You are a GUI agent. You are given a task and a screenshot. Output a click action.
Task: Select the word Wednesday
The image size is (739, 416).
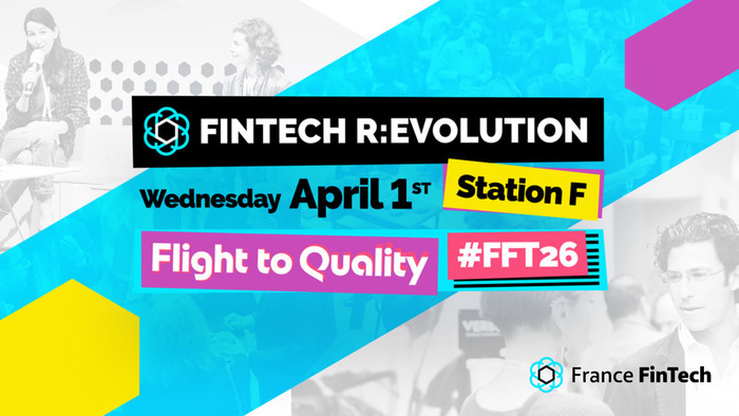[210, 199]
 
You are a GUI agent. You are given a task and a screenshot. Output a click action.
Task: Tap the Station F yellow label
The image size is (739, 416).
[521, 190]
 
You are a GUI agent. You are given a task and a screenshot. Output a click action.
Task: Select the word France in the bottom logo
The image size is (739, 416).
[602, 376]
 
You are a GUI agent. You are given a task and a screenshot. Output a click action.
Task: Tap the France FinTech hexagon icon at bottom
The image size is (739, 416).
[546, 375]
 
